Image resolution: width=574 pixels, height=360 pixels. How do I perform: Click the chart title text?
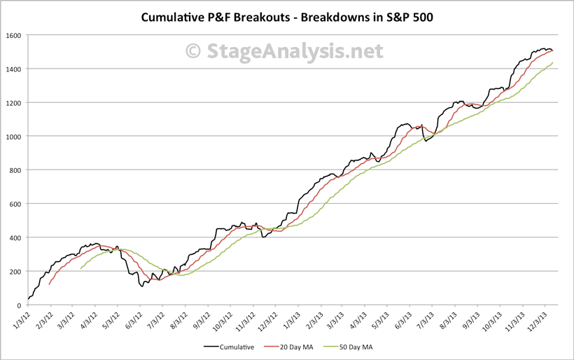(287, 17)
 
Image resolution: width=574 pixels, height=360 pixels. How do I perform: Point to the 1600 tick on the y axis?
(13, 35)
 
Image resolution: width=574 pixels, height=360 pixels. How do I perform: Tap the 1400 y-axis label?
(13, 69)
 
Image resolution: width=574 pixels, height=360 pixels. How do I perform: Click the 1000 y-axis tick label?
(13, 137)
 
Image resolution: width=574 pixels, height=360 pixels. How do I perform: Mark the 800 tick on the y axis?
(15, 170)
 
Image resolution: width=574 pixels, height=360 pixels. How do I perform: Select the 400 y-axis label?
(15, 237)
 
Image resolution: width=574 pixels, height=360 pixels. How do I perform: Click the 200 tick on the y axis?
(15, 271)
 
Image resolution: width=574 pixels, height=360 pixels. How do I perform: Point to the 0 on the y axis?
(20, 305)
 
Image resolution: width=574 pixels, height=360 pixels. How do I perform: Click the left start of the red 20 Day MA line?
(49, 284)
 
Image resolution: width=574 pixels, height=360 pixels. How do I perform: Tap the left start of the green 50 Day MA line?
(81, 268)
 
